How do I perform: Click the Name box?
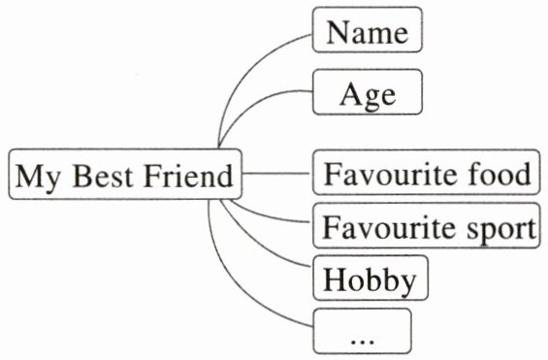click(x=368, y=30)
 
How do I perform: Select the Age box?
click(x=368, y=92)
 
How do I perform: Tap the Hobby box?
click(x=371, y=278)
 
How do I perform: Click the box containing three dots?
click(x=362, y=331)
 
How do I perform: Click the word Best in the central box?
click(x=103, y=176)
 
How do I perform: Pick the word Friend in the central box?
click(x=188, y=176)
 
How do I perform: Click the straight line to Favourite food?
click(x=276, y=173)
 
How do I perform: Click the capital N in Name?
click(x=338, y=31)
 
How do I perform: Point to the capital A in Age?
click(x=352, y=94)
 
